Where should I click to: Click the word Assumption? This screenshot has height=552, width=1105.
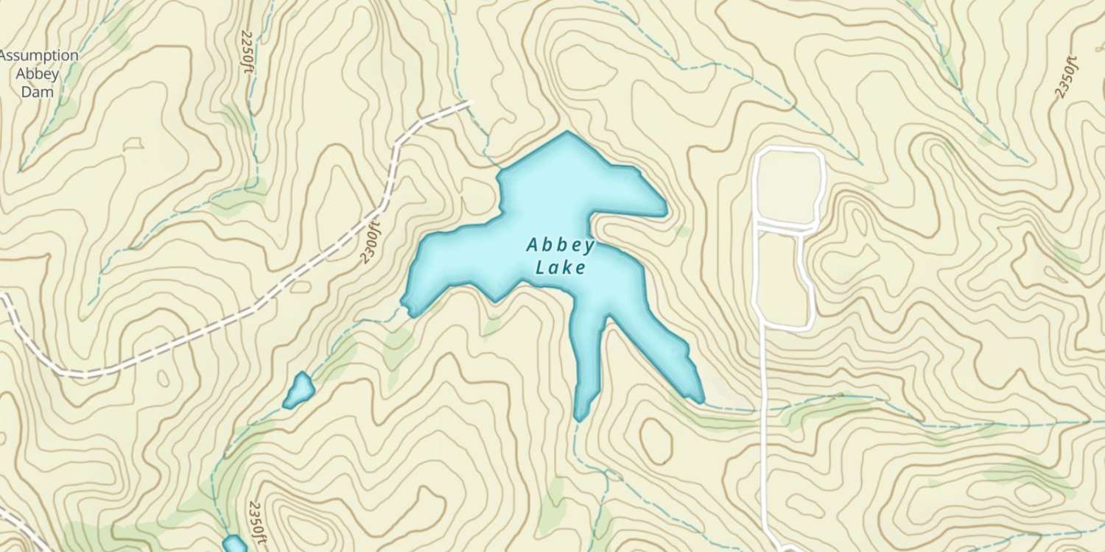pos(40,56)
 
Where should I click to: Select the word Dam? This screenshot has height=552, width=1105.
pos(40,93)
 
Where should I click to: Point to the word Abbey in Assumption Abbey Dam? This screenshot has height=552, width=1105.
pos(40,74)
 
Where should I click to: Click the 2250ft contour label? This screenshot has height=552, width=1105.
pos(248,52)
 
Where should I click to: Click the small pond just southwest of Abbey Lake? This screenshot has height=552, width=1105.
pos(298,390)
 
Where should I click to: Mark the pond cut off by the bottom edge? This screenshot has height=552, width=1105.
pos(234,545)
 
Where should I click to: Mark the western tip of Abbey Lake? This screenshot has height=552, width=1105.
pos(404,300)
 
